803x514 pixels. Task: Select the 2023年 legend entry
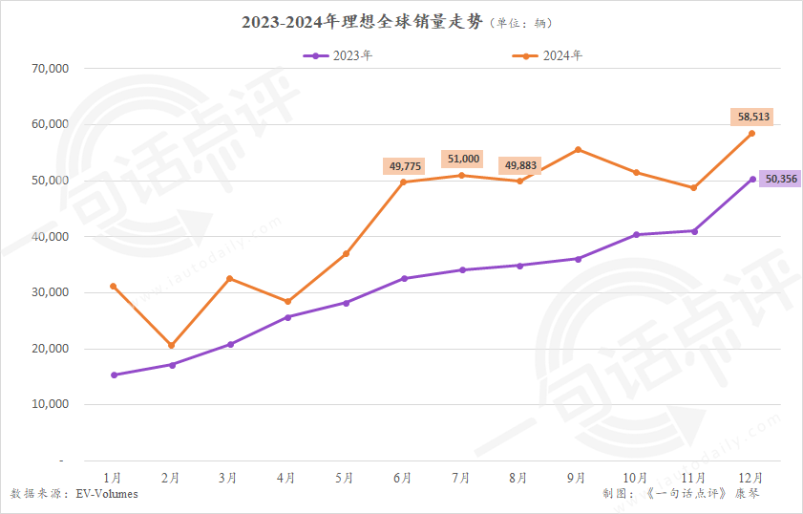pyautogui.click(x=338, y=55)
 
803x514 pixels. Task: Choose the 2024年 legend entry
pyautogui.click(x=548, y=55)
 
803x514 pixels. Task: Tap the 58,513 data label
pyautogui.click(x=753, y=117)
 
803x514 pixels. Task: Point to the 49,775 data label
pyautogui.click(x=403, y=165)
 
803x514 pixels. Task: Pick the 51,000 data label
pyautogui.click(x=463, y=159)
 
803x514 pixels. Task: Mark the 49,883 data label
pyautogui.click(x=519, y=165)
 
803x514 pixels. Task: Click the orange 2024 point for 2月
pyautogui.click(x=171, y=345)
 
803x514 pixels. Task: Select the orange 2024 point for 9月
pyautogui.click(x=579, y=149)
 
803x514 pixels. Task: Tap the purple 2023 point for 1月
pyautogui.click(x=114, y=375)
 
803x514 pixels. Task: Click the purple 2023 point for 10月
pyautogui.click(x=636, y=234)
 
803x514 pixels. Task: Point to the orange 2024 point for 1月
pyautogui.click(x=114, y=286)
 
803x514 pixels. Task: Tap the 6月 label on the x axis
pyautogui.click(x=403, y=477)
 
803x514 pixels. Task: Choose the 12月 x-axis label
pyautogui.click(x=750, y=477)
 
